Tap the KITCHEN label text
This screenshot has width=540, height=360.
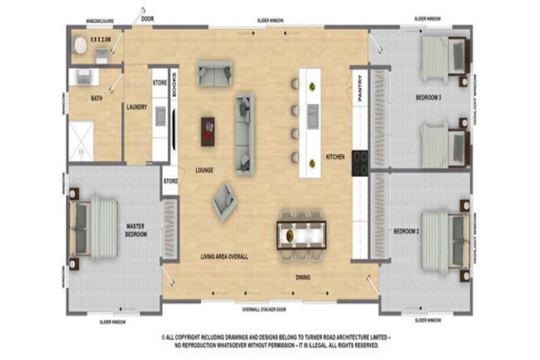point(335,157)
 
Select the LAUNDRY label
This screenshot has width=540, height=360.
point(136,107)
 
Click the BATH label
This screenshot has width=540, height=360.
point(96,98)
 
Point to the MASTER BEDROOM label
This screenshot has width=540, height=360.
point(136,230)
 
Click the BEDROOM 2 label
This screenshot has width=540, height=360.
point(406,231)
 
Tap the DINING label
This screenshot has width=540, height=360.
point(302,277)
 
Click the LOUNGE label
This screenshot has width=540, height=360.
point(205,170)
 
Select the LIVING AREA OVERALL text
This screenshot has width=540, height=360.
point(224,257)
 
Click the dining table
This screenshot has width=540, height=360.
point(301,235)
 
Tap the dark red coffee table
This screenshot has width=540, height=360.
point(208,131)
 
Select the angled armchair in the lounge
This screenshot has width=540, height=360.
point(224,202)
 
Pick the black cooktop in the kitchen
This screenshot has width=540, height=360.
point(359,163)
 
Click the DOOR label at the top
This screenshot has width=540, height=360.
point(147,19)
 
